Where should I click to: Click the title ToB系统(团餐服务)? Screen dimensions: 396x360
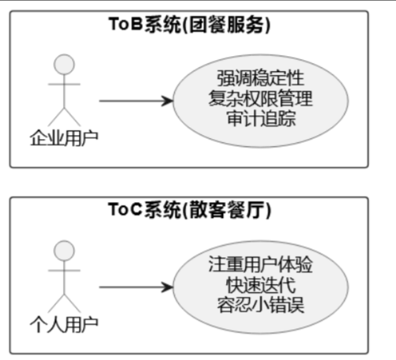[190, 24]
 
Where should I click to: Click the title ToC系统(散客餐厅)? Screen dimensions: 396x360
[190, 210]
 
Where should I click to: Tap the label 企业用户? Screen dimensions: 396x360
[64, 138]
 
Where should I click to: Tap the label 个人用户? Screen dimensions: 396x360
[64, 324]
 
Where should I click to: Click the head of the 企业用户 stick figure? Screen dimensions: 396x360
[64, 65]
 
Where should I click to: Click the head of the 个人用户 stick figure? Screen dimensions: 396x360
[64, 250]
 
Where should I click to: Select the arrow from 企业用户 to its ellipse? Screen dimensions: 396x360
[136, 101]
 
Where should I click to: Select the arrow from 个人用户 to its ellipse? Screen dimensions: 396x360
[136, 287]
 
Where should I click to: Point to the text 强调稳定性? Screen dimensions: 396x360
[261, 78]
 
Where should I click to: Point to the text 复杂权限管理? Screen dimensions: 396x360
[261, 99]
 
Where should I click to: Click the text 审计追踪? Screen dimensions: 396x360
[261, 118]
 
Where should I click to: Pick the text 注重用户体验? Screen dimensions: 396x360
[261, 264]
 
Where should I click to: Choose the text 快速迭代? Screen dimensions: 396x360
[261, 285]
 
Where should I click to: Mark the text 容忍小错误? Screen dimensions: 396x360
[261, 305]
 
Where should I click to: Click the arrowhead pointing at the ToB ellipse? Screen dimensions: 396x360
[168, 101]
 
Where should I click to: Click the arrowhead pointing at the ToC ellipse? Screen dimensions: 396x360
[168, 287]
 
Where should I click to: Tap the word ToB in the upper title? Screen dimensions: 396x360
[126, 24]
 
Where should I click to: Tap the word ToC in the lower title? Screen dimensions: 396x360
[126, 209]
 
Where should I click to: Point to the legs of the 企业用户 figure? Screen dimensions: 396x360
[64, 117]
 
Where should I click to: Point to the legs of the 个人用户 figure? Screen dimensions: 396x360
[64, 303]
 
